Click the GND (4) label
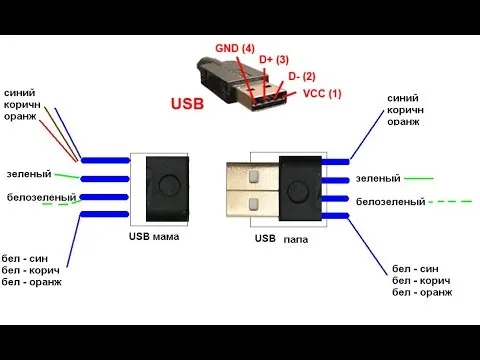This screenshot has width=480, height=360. point(234,47)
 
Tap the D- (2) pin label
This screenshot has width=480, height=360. point(302,77)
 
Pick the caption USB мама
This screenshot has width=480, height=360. point(153,238)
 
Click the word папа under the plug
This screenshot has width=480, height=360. point(296,240)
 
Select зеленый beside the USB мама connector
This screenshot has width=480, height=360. point(29,174)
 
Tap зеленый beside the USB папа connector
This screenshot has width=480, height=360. point(378,178)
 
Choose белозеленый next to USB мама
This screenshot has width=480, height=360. point(38,197)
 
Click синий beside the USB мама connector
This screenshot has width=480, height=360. point(21,91)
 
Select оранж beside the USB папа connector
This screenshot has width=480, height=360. point(404,122)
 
